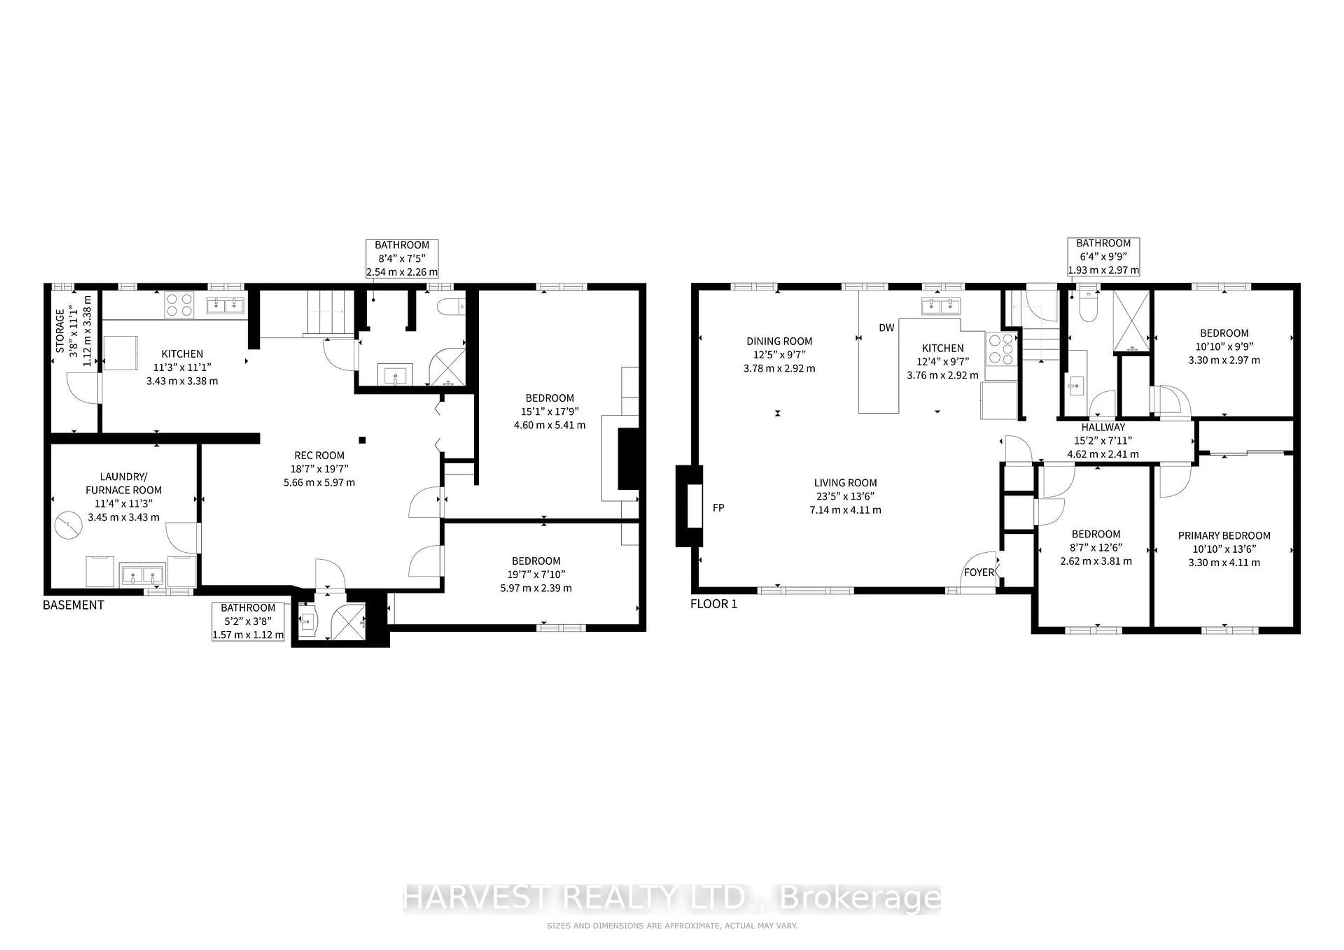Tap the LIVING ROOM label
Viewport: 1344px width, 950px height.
[845, 483]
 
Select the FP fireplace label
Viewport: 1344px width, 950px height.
[718, 508]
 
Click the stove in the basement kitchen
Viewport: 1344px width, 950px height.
[179, 305]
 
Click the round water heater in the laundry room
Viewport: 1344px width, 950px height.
[69, 525]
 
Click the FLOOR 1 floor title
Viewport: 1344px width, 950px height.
[714, 604]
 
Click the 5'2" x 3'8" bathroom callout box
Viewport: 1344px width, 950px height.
[248, 621]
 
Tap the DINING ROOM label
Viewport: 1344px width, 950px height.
[779, 341]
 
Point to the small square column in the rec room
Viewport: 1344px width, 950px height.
[363, 440]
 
